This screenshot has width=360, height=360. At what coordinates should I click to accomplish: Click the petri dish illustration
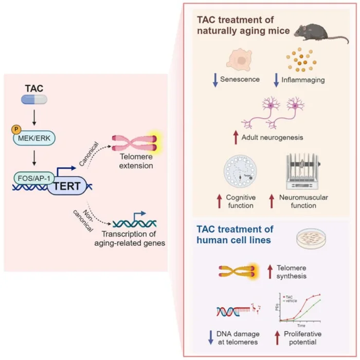pos(313,241)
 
